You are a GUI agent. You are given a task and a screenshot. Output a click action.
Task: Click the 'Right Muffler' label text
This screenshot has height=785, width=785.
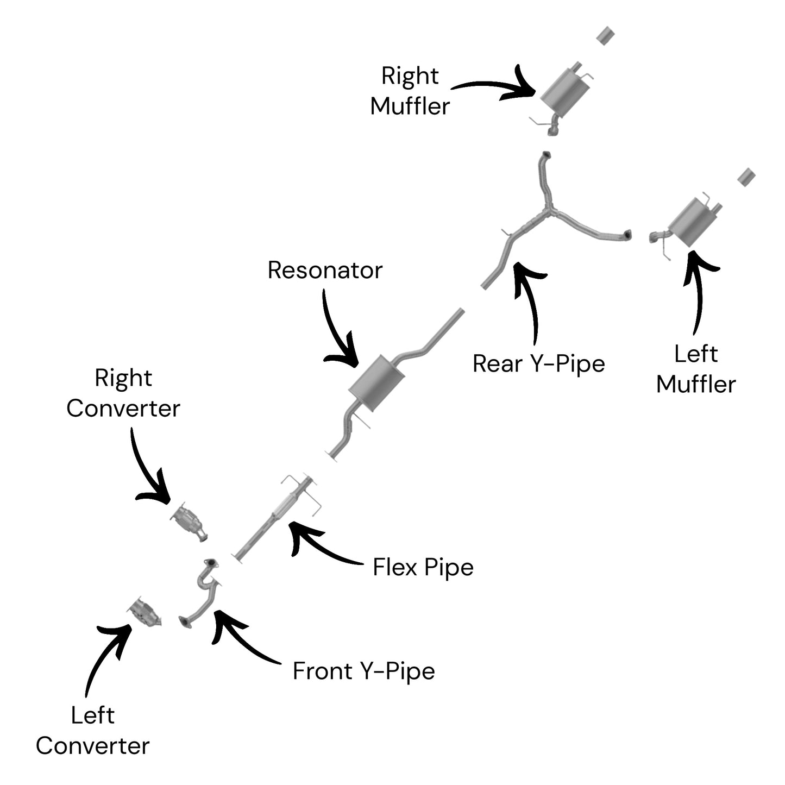tap(410, 91)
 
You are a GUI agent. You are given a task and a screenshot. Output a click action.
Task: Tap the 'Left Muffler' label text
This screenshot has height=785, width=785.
tap(696, 369)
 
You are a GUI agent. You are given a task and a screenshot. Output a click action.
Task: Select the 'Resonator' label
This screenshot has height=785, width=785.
tap(325, 270)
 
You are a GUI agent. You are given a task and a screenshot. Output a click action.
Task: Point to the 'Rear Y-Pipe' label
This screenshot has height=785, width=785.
tap(538, 363)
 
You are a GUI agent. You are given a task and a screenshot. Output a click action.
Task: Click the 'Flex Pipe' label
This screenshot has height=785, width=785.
tap(423, 567)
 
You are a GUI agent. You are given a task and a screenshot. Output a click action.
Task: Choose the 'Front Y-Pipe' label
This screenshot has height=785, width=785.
tap(364, 671)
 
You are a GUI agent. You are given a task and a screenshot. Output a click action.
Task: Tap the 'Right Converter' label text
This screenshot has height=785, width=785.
tap(123, 393)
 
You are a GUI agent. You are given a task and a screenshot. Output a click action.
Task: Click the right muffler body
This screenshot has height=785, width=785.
tap(566, 93)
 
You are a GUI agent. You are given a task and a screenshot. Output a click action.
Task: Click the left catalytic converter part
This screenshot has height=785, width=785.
tap(145, 611)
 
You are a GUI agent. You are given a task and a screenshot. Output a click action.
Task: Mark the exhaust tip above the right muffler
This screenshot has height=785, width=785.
tap(605, 36)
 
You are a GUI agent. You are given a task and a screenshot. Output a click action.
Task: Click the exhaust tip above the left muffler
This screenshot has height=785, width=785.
tap(746, 177)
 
